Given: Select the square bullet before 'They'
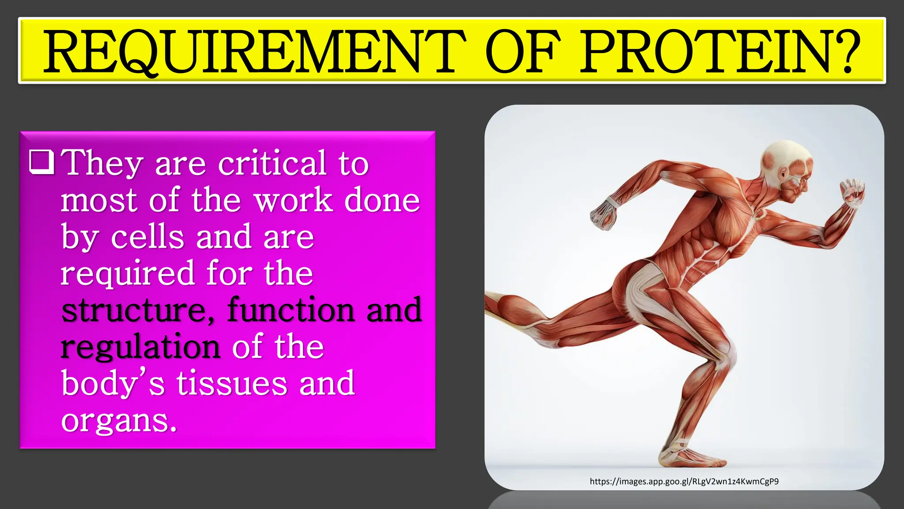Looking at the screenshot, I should pyautogui.click(x=42, y=162).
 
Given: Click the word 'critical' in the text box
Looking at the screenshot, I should pyautogui.click(x=272, y=163).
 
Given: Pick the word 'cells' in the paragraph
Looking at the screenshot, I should pyautogui.click(x=147, y=237).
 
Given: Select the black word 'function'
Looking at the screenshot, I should pyautogui.click(x=291, y=310).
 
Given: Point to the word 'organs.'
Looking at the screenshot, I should pyautogui.click(x=119, y=420).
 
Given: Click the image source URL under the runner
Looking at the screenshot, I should pyautogui.click(x=684, y=481).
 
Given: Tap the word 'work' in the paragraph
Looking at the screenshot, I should pyautogui.click(x=293, y=200).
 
